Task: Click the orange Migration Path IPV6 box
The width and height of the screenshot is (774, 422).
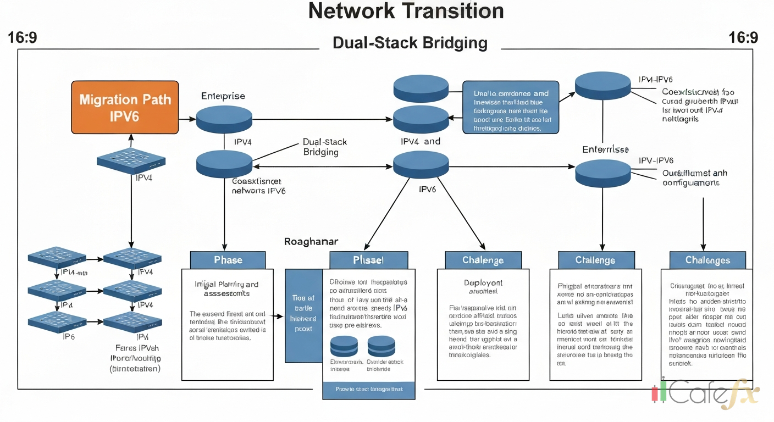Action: click(125, 108)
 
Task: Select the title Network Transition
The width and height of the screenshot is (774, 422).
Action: click(406, 11)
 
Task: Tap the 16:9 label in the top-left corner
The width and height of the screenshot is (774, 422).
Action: click(23, 38)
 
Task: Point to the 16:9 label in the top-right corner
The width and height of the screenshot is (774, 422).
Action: click(743, 38)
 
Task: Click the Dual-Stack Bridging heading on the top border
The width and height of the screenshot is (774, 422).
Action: click(410, 43)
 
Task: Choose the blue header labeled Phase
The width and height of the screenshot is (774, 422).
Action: click(228, 260)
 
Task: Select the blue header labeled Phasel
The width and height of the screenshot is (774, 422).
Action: click(368, 260)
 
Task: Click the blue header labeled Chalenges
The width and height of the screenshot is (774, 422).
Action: click(707, 260)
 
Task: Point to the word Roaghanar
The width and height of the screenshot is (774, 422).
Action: click(311, 241)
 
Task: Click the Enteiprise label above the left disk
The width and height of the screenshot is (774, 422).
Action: click(223, 96)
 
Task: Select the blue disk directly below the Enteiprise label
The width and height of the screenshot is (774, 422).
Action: click(224, 117)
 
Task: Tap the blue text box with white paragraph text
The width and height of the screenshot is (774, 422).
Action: click(511, 108)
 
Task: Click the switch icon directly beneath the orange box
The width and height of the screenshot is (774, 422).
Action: click(131, 160)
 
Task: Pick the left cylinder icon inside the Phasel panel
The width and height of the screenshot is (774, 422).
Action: click(344, 346)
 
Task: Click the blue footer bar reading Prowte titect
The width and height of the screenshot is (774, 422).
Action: click(368, 389)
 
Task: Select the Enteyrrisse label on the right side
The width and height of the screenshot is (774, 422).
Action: click(605, 149)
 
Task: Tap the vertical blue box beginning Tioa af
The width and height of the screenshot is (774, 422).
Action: click(303, 315)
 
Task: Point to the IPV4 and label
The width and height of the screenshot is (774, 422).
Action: click(421, 141)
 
